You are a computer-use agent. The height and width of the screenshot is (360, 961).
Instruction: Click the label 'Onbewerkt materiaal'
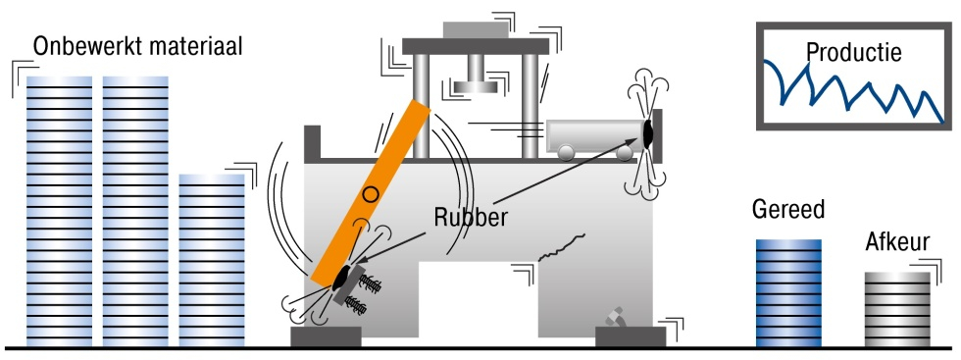[x=137, y=46]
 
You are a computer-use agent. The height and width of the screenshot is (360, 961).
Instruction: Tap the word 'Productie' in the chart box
[x=853, y=51]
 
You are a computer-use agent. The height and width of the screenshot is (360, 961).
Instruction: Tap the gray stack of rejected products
[x=896, y=309]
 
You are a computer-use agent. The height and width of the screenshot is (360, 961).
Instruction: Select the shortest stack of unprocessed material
[x=211, y=260]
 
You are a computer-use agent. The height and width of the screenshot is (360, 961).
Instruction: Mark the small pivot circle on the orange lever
[x=368, y=194]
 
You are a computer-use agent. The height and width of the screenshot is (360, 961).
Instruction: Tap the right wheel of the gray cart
[x=625, y=150]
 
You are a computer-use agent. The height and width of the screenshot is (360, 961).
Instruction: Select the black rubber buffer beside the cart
[x=649, y=133]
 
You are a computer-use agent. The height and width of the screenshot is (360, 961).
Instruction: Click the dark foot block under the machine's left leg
[x=327, y=337]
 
